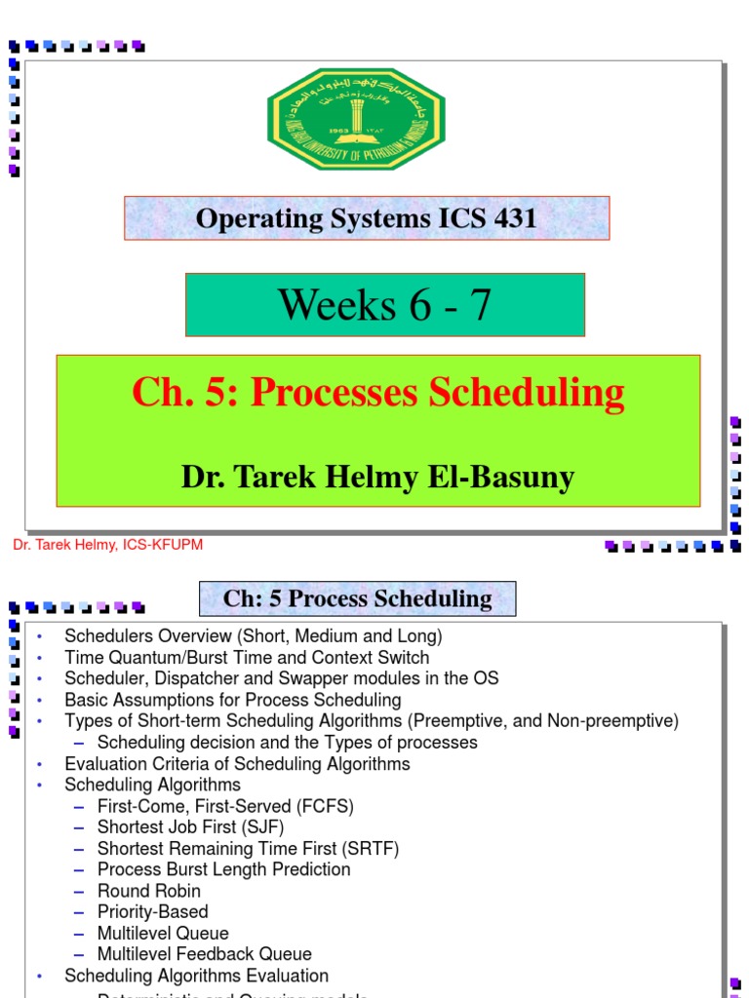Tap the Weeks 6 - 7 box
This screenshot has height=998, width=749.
[x=384, y=305]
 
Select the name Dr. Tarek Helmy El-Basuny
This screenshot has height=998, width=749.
[x=377, y=478]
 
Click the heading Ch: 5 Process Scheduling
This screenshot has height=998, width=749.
[x=357, y=598]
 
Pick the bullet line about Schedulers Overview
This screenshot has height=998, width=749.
[x=253, y=636]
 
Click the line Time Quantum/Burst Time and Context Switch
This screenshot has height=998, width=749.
[x=247, y=658]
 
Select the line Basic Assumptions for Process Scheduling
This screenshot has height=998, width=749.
[x=232, y=700]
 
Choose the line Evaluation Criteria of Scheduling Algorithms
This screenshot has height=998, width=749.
[x=237, y=764]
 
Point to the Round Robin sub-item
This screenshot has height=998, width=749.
[x=148, y=891]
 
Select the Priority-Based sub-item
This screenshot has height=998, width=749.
[x=152, y=912]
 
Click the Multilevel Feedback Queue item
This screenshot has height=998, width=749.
[x=204, y=954]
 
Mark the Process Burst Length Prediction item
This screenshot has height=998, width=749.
[x=223, y=869]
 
